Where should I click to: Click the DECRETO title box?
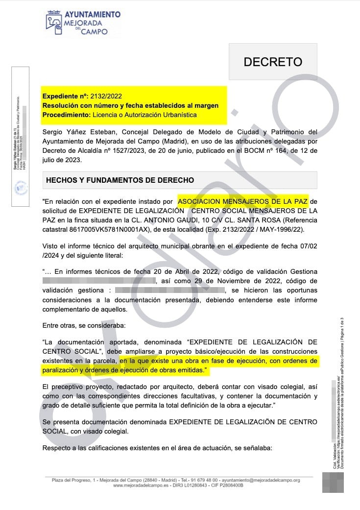273,62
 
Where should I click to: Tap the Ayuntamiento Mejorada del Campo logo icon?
55,24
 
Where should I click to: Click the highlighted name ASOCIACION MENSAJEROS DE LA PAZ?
242,201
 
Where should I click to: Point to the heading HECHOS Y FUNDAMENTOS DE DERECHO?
120,180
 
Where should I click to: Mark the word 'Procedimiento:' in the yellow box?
66,115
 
